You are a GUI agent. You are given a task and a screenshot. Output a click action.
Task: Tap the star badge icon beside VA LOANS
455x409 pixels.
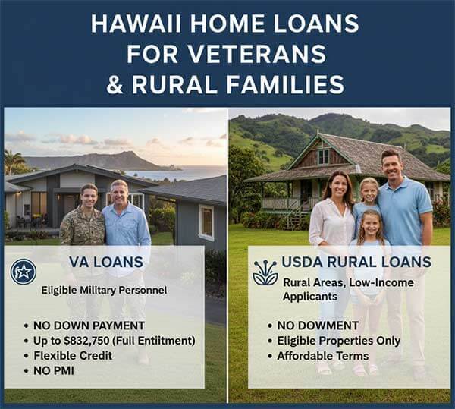(x=24, y=272)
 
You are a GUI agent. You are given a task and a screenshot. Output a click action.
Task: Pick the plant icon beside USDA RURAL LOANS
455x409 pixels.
(x=265, y=272)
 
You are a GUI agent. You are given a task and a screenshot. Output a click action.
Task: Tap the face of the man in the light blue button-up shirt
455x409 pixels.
(x=119, y=191)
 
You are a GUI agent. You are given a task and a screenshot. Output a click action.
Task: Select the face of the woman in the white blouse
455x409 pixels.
(x=337, y=185)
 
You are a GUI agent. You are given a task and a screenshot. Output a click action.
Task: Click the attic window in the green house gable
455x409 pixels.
(x=323, y=157)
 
